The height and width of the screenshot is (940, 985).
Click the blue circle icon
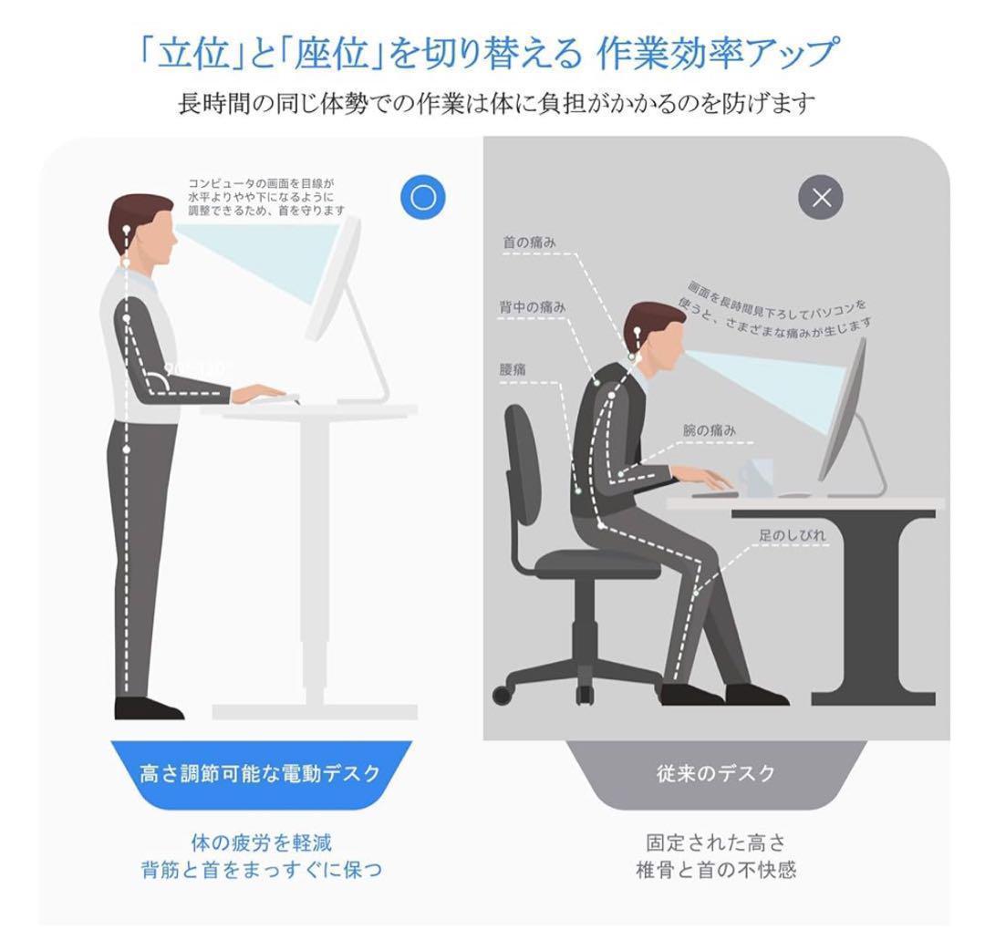point(422,198)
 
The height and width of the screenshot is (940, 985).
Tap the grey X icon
point(821,198)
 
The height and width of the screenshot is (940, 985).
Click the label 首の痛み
point(529,243)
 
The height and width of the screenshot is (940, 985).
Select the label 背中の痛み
point(532,307)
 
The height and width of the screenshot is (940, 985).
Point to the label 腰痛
point(513,370)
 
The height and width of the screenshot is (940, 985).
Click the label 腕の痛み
point(709,429)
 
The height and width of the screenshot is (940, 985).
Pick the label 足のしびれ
point(793,535)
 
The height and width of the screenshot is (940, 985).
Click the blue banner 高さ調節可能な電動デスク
point(260,774)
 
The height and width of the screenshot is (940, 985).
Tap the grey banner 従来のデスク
point(716,774)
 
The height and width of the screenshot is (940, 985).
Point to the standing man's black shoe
point(147,708)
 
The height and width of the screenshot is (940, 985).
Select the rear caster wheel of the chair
point(502,696)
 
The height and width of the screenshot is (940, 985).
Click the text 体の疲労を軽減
point(260,842)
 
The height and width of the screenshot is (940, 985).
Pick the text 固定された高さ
point(715,842)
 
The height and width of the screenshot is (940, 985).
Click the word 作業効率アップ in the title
point(715,55)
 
